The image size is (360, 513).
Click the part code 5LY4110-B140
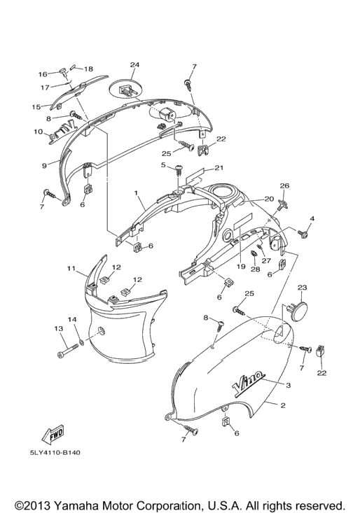55,453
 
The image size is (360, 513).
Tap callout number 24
134,65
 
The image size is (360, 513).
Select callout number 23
302,288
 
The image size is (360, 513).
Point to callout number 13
59,328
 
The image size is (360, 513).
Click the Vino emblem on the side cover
248,381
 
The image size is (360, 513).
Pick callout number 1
137,193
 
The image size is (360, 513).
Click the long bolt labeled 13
68,351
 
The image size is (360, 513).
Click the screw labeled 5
179,170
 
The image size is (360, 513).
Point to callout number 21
219,168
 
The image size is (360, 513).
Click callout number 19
241,267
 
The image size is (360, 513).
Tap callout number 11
71,269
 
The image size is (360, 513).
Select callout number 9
45,165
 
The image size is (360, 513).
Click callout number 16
43,74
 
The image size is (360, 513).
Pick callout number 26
284,186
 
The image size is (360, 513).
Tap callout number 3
289,386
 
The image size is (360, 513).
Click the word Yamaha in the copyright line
76,505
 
